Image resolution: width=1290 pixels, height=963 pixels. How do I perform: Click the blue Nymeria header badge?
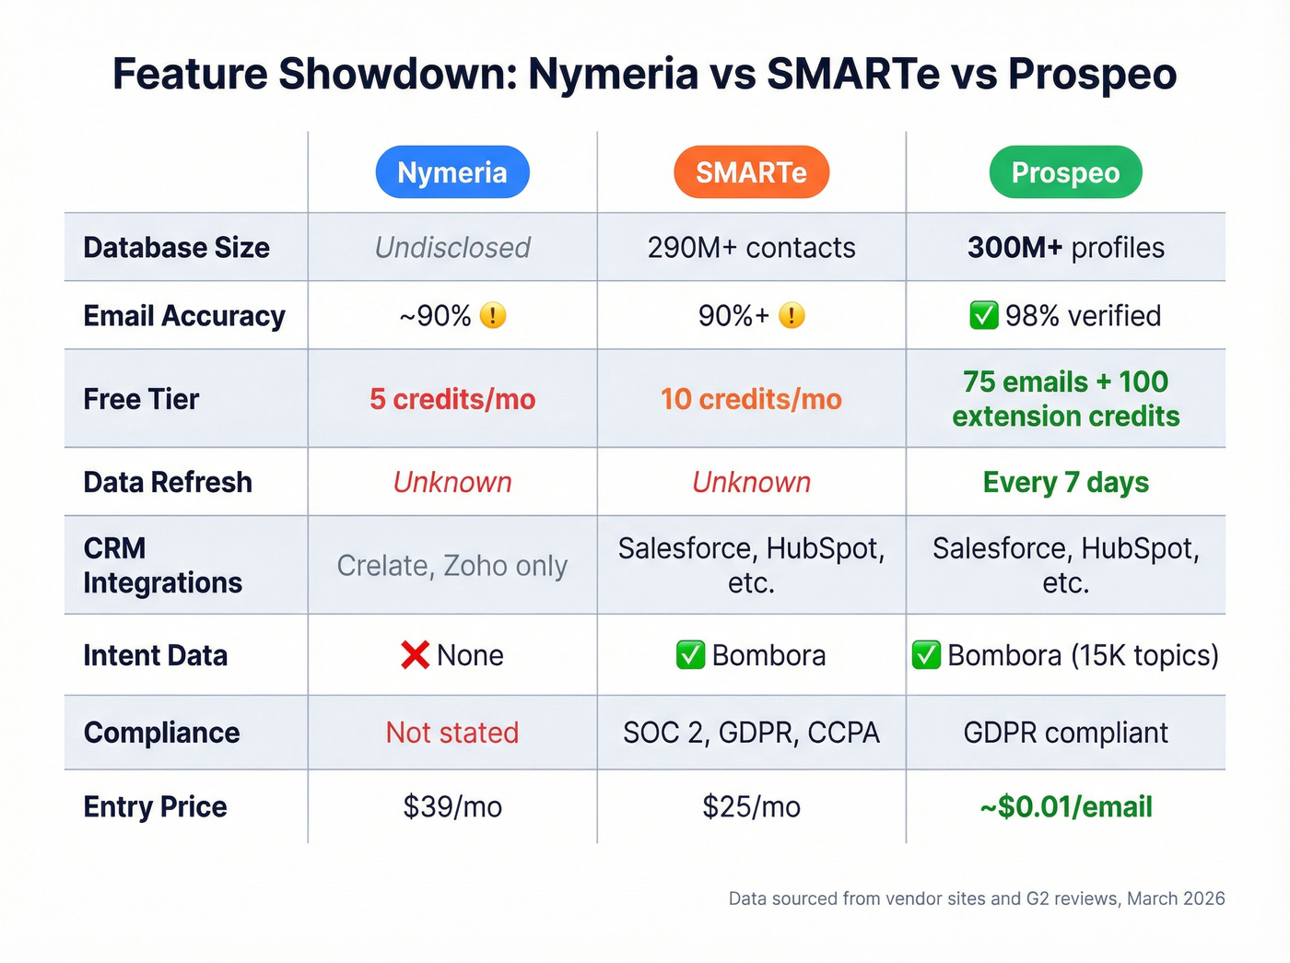[452, 172]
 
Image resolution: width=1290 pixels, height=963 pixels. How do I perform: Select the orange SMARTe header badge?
[751, 172]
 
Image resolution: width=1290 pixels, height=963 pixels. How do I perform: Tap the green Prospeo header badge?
[1065, 172]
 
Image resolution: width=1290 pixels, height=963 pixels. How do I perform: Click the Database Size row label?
[176, 247]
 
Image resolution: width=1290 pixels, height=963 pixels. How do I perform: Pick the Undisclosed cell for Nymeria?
[452, 247]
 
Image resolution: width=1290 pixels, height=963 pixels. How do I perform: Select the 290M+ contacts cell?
[751, 247]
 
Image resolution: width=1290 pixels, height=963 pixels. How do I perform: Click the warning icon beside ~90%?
[493, 316]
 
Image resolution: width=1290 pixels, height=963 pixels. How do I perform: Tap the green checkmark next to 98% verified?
[983, 316]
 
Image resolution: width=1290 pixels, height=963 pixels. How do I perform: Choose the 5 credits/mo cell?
[452, 399]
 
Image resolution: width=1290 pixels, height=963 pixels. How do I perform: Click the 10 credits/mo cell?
[751, 399]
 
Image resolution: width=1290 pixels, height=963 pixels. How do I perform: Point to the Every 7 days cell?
[1065, 482]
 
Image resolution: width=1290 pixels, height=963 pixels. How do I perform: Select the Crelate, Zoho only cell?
[452, 565]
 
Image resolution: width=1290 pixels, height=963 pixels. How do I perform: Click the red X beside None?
[416, 655]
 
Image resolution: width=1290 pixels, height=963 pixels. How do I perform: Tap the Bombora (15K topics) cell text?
[1082, 655]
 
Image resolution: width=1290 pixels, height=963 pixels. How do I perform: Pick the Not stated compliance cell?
[452, 733]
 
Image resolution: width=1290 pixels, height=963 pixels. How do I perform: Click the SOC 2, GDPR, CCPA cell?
[751, 733]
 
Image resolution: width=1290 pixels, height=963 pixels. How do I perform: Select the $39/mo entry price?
[452, 806]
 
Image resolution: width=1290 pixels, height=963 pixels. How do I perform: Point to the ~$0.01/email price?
[1065, 806]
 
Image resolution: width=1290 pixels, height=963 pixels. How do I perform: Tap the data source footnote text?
[976, 898]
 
